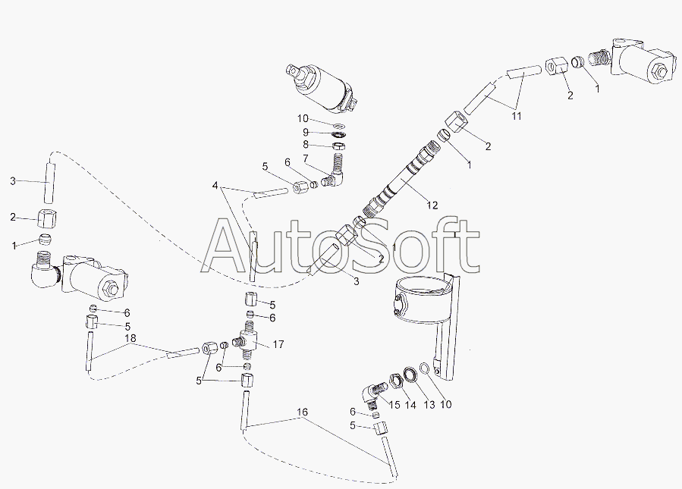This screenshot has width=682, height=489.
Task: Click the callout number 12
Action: [x=432, y=205]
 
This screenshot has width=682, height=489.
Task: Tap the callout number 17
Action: [x=278, y=345]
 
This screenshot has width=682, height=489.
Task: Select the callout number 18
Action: [x=130, y=338]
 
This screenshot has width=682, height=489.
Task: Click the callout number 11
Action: [x=517, y=116]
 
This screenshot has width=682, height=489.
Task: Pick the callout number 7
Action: [x=305, y=158]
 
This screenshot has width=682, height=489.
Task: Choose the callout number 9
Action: [x=305, y=132]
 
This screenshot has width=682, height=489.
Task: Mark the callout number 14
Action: [x=410, y=405]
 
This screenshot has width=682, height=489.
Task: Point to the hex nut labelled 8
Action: [x=338, y=146]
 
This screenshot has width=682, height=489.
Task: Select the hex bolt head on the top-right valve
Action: [x=660, y=71]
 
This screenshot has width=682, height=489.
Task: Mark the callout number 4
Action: [x=215, y=186]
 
